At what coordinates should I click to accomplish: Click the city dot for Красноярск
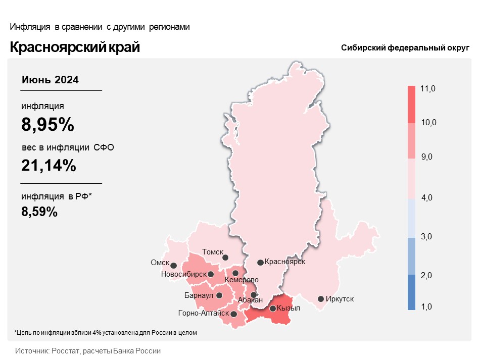click(x=260, y=263)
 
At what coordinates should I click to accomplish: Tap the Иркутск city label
click(x=340, y=299)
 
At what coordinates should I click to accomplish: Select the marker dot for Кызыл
click(x=273, y=308)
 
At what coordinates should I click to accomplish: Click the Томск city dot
click(x=225, y=257)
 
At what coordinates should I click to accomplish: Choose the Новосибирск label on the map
click(x=183, y=274)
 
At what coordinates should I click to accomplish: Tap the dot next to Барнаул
click(x=219, y=295)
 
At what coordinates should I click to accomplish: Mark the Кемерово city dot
click(x=235, y=273)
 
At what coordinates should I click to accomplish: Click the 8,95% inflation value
click(x=48, y=125)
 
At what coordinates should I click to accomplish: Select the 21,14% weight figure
click(x=49, y=165)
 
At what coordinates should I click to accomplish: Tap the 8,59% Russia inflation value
click(x=39, y=212)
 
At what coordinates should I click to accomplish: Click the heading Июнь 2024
click(x=50, y=80)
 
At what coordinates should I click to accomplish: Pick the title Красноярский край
click(x=75, y=47)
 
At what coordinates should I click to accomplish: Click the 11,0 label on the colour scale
click(x=427, y=89)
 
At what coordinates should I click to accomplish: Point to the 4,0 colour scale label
click(x=427, y=197)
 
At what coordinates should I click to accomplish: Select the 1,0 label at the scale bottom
click(x=427, y=306)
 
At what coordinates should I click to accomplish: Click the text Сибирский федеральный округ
click(x=405, y=47)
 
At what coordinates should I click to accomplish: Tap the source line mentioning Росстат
click(x=88, y=350)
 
